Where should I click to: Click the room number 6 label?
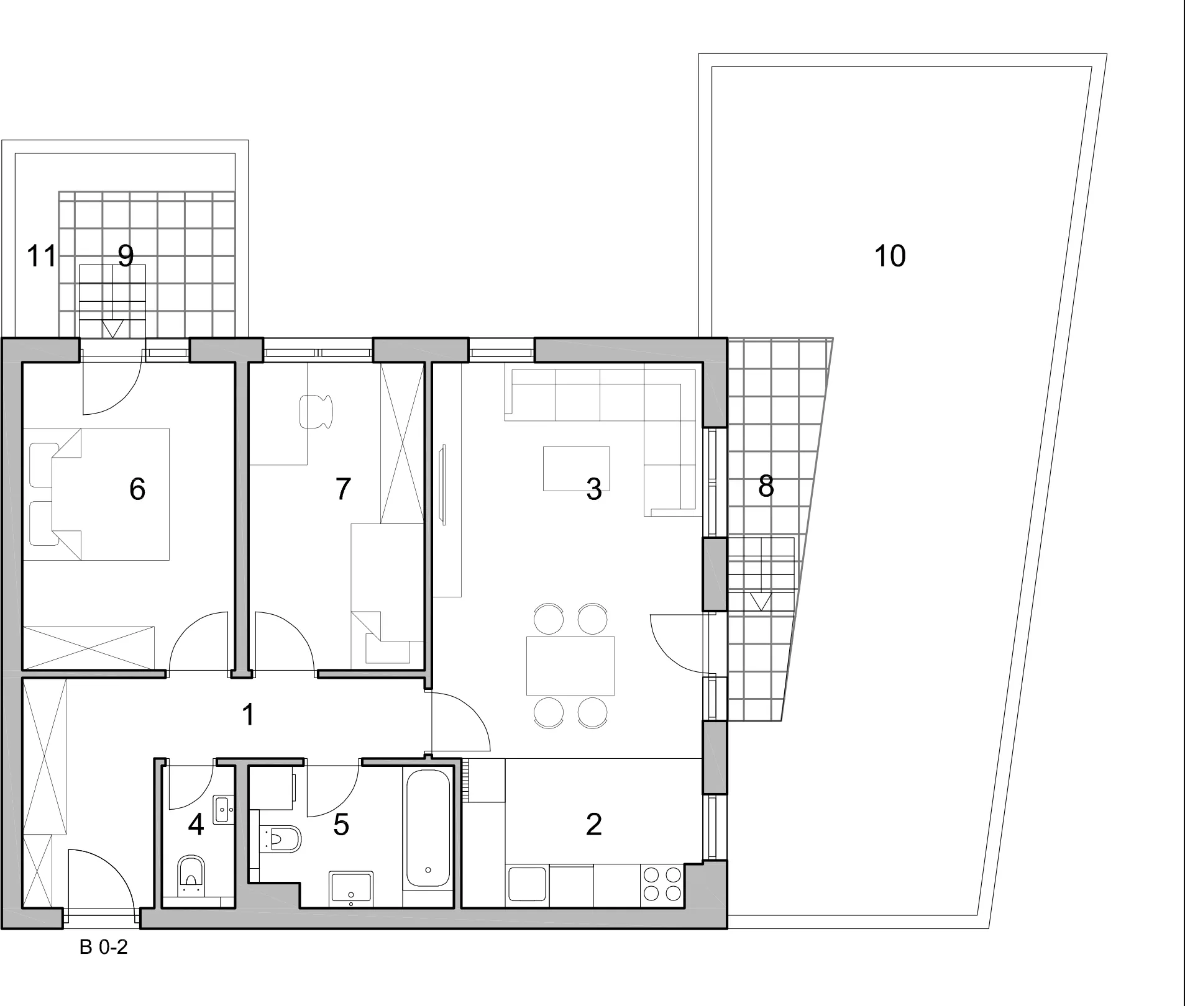click(x=137, y=489)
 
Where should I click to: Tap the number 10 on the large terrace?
click(x=890, y=256)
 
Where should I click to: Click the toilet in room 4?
click(x=191, y=876)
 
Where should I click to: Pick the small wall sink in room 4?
click(x=224, y=810)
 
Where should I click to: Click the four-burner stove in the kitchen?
click(x=662, y=884)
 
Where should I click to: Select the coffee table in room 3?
click(x=576, y=468)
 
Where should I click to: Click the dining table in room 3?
click(x=570, y=666)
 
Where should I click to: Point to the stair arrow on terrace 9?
click(x=112, y=329)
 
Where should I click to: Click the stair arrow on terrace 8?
click(x=761, y=601)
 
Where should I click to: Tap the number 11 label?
click(x=42, y=256)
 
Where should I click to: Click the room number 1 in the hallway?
click(x=248, y=715)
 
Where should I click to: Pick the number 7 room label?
click(x=343, y=489)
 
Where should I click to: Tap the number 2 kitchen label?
click(x=593, y=825)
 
